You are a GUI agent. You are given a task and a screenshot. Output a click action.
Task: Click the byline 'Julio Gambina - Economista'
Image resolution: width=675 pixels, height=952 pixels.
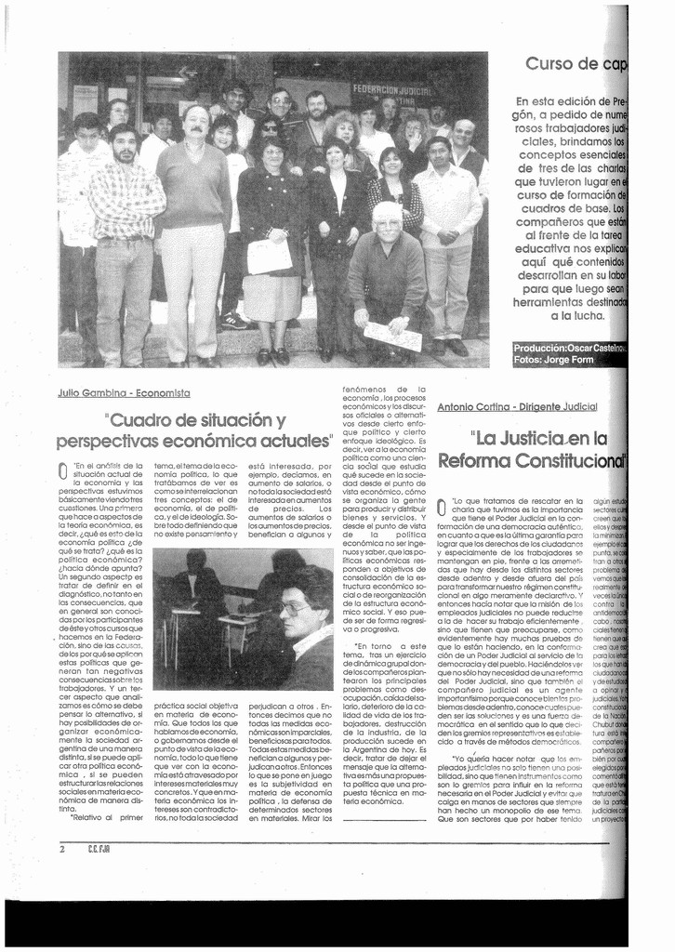pos(123,393)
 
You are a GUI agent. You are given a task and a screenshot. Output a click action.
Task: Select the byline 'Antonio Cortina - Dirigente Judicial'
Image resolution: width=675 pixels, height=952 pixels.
pos(517,407)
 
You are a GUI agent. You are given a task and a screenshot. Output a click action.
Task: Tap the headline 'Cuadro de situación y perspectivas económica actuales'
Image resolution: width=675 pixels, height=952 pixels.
pos(194,430)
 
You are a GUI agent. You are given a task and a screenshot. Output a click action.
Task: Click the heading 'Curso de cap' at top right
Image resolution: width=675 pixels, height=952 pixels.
pos(576,63)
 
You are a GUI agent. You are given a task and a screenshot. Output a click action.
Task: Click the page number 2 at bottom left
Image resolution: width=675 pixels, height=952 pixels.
pos(62,848)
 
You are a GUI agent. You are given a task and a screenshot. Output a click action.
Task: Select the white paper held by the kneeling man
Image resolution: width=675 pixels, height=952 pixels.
pos(392,335)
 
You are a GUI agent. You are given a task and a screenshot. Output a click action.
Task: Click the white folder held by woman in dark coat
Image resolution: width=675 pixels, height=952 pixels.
pos(269,256)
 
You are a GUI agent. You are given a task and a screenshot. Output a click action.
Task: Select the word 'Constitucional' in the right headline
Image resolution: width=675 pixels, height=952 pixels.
pos(577,460)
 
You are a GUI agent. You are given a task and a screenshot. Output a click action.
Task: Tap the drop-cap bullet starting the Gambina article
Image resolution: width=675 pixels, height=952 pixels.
pos(62,470)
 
